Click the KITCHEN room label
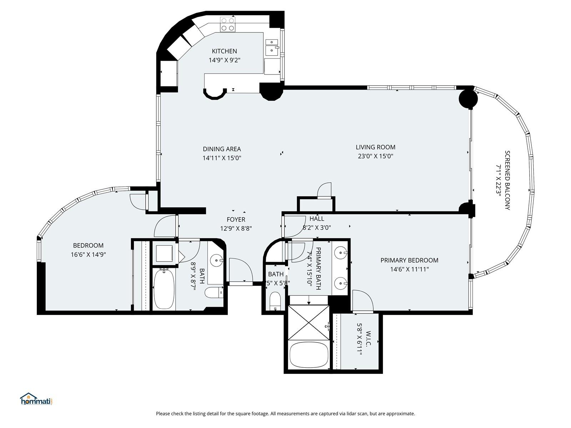[224, 51]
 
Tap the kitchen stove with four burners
[228, 24]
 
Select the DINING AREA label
[222, 149]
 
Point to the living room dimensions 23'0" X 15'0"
[375, 156]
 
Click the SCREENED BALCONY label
[507, 180]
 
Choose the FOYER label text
[236, 220]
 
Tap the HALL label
[317, 219]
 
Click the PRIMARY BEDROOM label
[409, 260]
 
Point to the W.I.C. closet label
[368, 338]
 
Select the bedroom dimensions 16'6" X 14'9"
[88, 254]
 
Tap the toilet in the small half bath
[275, 301]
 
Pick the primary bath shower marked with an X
[309, 323]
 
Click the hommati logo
[36, 399]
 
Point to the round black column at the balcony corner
[468, 99]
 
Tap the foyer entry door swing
[241, 270]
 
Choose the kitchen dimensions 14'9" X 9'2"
[224, 60]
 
